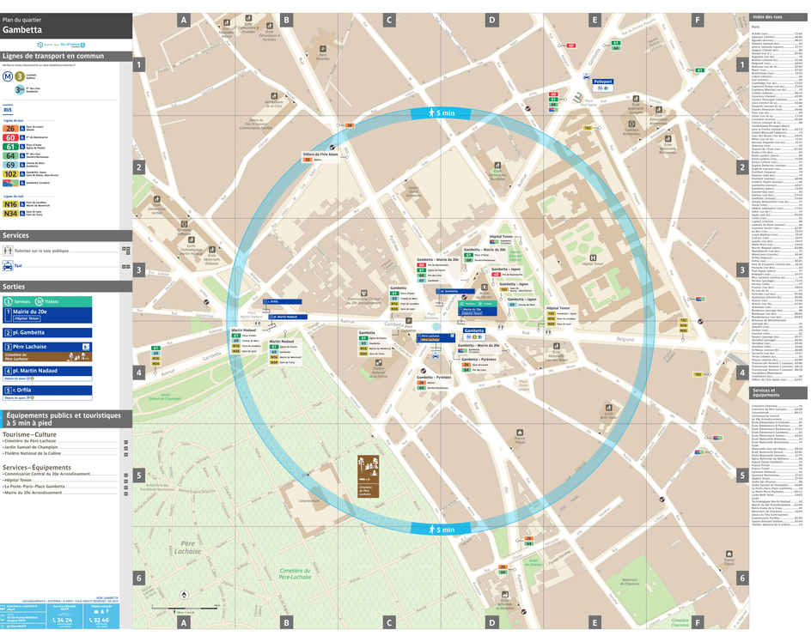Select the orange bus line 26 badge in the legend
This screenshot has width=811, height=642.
pyautogui.click(x=10, y=128)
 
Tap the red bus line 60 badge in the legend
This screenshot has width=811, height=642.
pyautogui.click(x=10, y=137)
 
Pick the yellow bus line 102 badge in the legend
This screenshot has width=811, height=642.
pyautogui.click(x=10, y=173)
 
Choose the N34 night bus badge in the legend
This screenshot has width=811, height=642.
pyautogui.click(x=10, y=214)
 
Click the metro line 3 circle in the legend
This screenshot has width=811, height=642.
pyautogui.click(x=19, y=76)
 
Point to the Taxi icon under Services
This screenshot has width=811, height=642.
pyautogui.click(x=8, y=266)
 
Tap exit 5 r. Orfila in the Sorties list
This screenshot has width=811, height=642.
pyautogui.click(x=47, y=391)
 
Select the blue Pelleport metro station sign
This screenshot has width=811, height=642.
pyautogui.click(x=603, y=82)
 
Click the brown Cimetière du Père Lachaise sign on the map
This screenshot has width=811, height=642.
pyautogui.click(x=366, y=477)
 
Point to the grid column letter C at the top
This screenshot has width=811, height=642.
pyautogui.click(x=388, y=20)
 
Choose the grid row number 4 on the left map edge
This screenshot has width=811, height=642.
pyautogui.click(x=137, y=372)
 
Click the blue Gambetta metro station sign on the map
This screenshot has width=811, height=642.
pyautogui.click(x=474, y=330)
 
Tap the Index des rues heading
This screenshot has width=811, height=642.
pyautogui.click(x=767, y=18)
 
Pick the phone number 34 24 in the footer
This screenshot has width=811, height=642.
pyautogui.click(x=62, y=620)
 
